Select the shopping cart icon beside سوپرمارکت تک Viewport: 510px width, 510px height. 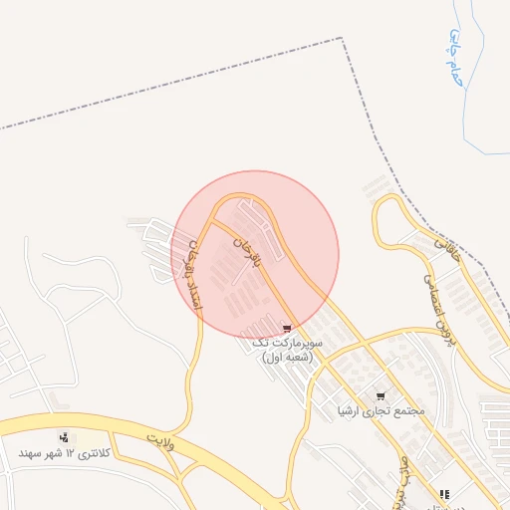click(288, 328)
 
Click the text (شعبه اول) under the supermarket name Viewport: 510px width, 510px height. click(288, 357)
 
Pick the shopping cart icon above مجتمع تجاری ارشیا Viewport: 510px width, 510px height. click(380, 395)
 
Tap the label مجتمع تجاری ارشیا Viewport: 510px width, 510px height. click(382, 410)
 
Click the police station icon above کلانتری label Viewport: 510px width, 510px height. click(65, 437)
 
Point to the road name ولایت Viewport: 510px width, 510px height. click(160, 439)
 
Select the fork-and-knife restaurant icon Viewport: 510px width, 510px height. click(444, 494)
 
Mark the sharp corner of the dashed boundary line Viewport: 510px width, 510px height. click(342, 39)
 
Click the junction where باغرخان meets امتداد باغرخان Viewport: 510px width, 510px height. click(205, 228)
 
